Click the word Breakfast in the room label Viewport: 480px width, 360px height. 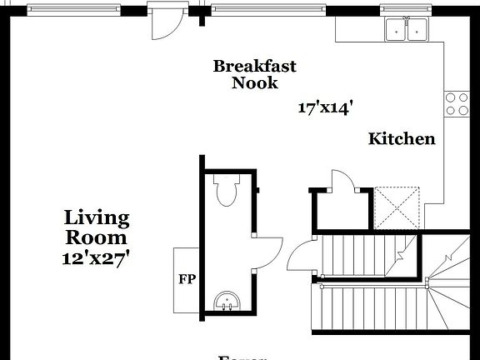254,66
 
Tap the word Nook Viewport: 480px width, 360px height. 254,82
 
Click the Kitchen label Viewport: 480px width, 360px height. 402,139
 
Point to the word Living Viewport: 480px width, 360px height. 97,218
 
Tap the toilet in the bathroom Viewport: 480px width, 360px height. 226,191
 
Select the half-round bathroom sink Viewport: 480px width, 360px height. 226,301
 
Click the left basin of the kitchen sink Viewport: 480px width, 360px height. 395,31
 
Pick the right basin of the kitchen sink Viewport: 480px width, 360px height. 416,31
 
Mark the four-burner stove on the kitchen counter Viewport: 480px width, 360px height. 456,103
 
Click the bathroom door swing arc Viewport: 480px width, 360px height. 268,250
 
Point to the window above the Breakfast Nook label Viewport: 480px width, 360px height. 267,10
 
